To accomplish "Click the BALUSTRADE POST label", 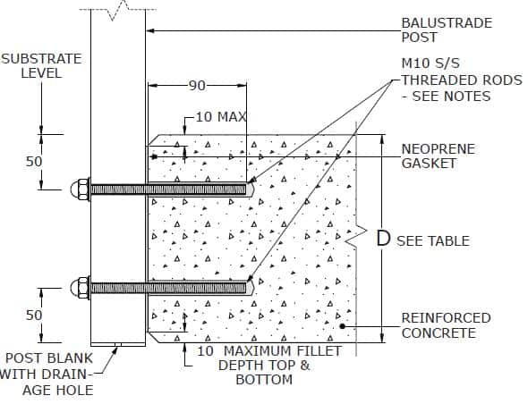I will point(446,29).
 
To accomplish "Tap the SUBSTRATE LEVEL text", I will point(40,65).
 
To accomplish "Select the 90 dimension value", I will point(197,86).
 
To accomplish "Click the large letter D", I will point(383,239).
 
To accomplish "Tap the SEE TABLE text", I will point(433,240).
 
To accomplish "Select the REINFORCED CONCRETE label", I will point(446,325).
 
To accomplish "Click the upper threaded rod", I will point(170,189).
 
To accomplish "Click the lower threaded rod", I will point(170,288).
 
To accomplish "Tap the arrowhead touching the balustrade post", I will point(150,30).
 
